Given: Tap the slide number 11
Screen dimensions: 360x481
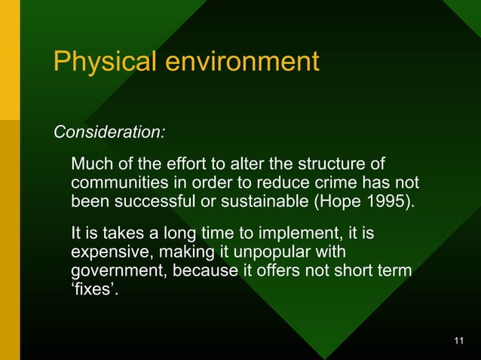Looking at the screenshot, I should [x=459, y=343].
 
